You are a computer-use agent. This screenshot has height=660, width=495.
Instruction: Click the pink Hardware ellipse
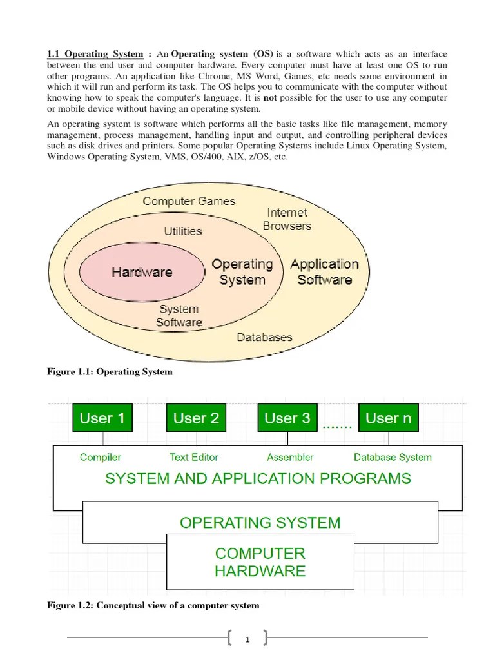142,272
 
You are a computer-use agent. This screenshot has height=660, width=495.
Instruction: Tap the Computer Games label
189,201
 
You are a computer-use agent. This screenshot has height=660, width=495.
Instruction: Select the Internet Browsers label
287,219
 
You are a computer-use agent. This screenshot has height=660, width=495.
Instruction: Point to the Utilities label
182,231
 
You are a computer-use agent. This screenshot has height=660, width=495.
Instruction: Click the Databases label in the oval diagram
264,337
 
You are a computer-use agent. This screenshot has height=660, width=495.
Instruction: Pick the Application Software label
324,272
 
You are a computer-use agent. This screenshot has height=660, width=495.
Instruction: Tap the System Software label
179,316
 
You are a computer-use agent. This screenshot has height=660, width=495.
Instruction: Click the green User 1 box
102,418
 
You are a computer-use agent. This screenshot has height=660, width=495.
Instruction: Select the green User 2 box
196,418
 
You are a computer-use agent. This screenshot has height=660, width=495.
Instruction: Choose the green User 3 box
287,418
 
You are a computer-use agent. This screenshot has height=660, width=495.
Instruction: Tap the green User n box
388,418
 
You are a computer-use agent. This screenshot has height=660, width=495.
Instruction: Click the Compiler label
101,457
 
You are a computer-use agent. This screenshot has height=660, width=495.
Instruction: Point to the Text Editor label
194,457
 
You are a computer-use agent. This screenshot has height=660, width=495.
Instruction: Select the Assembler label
290,457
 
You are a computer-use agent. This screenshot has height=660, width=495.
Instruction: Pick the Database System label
393,457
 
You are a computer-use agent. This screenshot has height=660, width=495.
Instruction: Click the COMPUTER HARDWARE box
260,562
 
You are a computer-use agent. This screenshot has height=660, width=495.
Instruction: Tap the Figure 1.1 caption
110,372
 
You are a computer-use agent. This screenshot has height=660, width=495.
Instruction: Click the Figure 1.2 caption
153,605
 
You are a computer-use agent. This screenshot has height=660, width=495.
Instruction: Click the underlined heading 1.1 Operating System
95,54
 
